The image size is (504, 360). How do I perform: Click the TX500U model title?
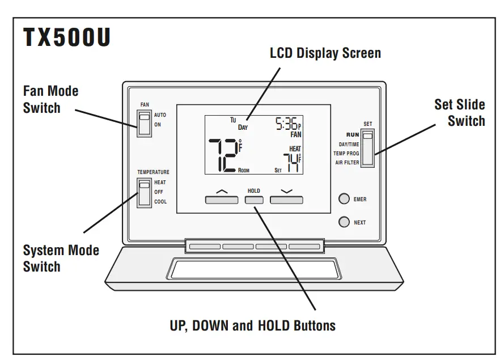coord(67,39)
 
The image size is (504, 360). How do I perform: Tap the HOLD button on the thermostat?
coord(254,200)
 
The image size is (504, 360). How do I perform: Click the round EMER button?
coord(344,199)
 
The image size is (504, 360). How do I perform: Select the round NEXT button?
coord(344,222)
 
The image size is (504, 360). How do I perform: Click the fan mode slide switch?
coord(145,122)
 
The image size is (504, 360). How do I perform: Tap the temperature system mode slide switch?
coord(145,192)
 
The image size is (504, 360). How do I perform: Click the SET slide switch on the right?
coord(369,149)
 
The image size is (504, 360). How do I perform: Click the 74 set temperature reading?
coord(291,162)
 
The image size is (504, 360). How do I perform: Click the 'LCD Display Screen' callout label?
coord(325,53)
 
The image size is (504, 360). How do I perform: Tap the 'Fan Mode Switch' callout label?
coord(50,99)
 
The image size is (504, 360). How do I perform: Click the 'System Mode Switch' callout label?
coord(61,258)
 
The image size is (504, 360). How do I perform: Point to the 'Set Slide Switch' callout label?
coord(459,112)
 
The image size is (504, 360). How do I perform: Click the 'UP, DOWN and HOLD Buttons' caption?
coord(253,325)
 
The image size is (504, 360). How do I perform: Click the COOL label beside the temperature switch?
coord(160,202)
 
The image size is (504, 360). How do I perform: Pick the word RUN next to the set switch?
coord(353,135)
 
